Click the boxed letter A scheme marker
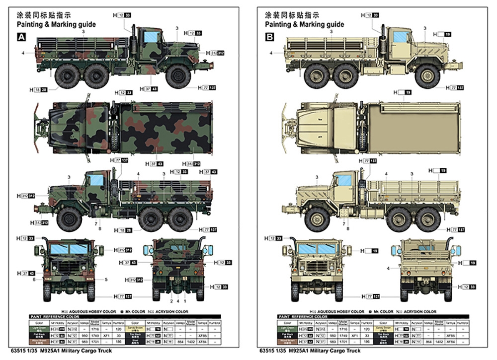21,37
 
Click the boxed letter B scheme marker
269,37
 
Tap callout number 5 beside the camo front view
106,280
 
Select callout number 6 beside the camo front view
34,280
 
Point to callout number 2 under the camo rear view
171,301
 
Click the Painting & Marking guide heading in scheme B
304,24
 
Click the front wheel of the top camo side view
178,76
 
